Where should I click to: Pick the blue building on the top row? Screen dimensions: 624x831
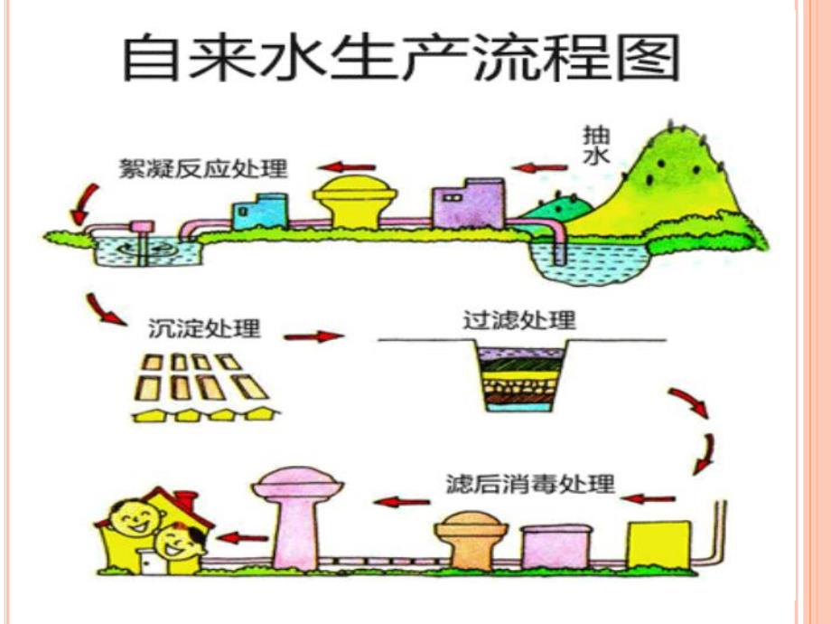click(260, 211)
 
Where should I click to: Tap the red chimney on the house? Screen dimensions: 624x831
click(186, 499)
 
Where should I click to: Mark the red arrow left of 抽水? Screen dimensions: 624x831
click(538, 167)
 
